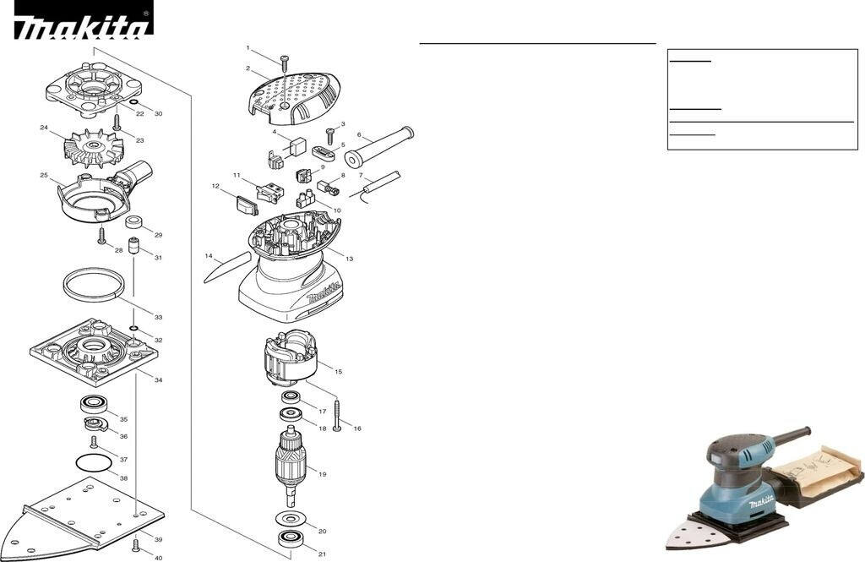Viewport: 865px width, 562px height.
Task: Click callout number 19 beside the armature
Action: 322,474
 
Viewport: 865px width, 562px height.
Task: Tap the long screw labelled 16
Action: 337,416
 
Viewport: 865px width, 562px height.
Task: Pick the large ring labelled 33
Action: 93,282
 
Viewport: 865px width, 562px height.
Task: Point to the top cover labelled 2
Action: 294,93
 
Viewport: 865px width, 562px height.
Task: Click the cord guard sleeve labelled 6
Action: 379,145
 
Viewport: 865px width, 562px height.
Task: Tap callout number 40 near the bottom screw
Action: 158,558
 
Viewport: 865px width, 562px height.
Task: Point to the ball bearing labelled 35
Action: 94,405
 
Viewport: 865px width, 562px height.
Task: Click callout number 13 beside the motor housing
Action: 349,259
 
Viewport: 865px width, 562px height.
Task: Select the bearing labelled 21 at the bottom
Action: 291,539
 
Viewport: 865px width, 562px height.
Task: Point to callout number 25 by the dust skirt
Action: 44,176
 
